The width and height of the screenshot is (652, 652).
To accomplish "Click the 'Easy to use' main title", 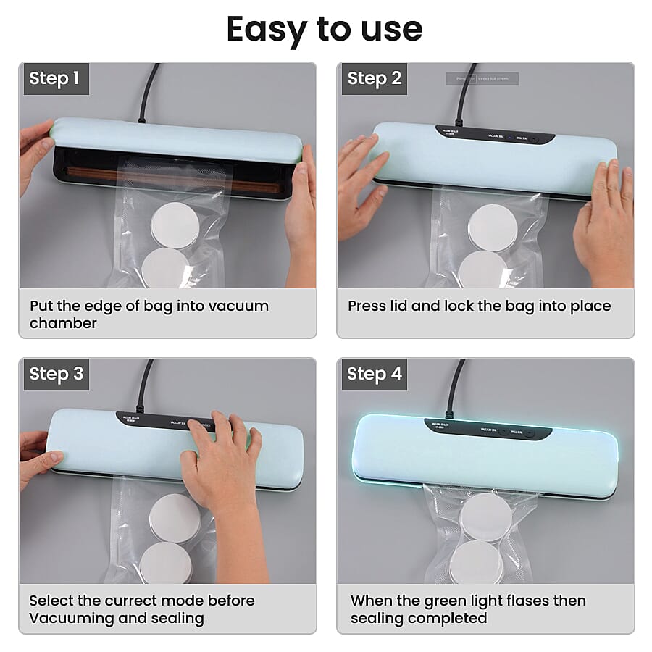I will pos(325,29).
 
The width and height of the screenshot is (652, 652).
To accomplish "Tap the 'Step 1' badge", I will pos(54,78).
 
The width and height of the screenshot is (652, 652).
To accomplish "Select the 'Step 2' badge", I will pos(374,78).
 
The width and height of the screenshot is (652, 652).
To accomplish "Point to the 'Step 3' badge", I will pos(56,374).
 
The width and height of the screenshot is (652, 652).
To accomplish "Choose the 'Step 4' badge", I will pos(374,374).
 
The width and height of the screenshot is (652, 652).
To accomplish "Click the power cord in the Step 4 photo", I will pos(456,388).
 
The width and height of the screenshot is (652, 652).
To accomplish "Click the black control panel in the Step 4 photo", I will pos(489,430).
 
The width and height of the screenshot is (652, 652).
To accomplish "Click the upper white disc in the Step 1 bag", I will pos(175,225).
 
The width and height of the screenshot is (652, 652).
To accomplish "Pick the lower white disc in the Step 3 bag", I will pos(165,562).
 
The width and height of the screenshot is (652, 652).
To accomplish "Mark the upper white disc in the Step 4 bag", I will pos(486,517).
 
